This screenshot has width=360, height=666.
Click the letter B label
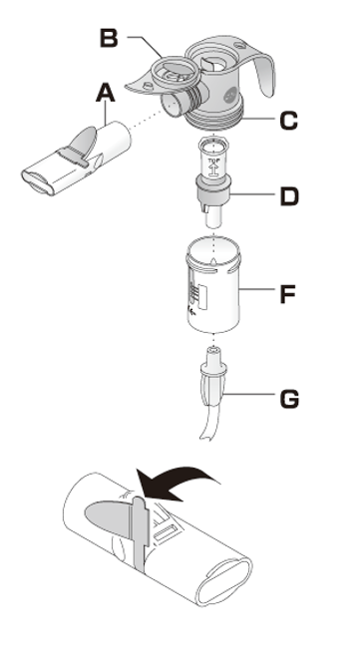tap(111, 39)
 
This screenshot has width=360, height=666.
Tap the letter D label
tap(287, 195)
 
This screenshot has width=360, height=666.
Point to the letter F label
tap(287, 294)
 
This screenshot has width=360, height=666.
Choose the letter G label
tap(288, 399)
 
